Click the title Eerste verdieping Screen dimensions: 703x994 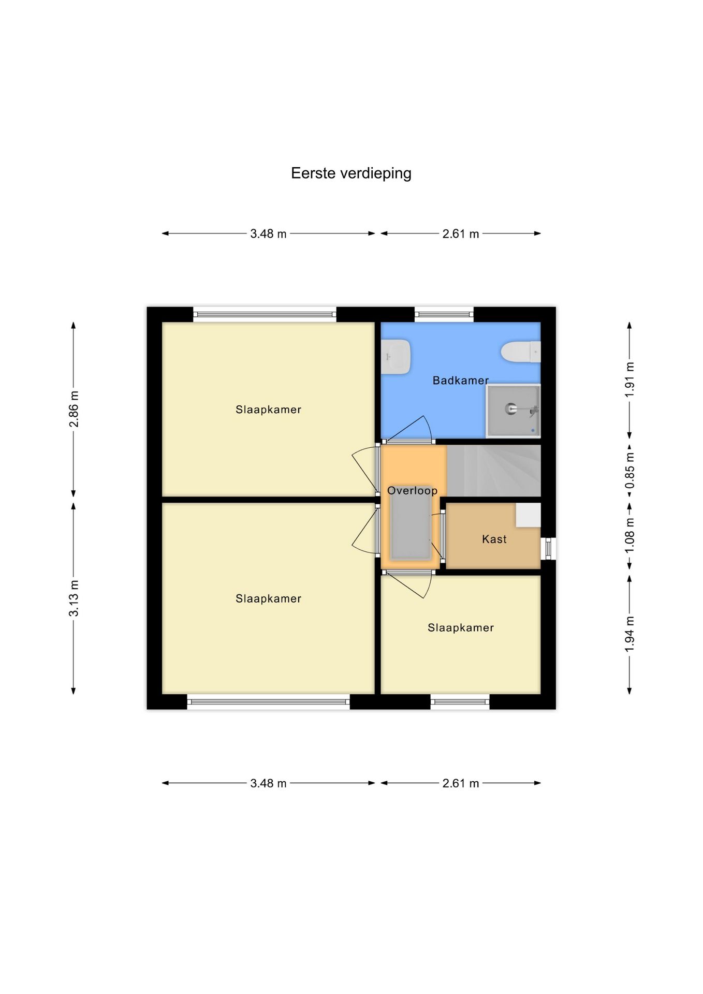pyautogui.click(x=351, y=173)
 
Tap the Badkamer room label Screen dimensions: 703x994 pyautogui.click(x=461, y=381)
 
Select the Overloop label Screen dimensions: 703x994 pyautogui.click(x=413, y=491)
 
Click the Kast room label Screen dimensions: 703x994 pyautogui.click(x=494, y=539)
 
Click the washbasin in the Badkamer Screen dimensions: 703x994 pyautogui.click(x=396, y=357)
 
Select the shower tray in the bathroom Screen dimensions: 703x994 pyautogui.click(x=513, y=411)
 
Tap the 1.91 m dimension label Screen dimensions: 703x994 pyautogui.click(x=629, y=380)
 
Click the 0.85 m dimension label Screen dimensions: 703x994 pyautogui.click(x=629, y=470)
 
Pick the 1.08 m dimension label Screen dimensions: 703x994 pyautogui.click(x=629, y=535)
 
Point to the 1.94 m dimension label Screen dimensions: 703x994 pyautogui.click(x=629, y=634)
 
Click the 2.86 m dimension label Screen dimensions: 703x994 pyautogui.click(x=74, y=409)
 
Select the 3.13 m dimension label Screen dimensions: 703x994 pyautogui.click(x=74, y=598)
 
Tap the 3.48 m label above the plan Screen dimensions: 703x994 pyautogui.click(x=268, y=233)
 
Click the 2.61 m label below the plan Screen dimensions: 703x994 pyautogui.click(x=461, y=783)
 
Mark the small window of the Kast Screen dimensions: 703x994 pyautogui.click(x=549, y=549)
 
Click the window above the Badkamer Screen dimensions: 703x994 pyautogui.click(x=444, y=314)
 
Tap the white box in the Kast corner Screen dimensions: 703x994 pyautogui.click(x=528, y=516)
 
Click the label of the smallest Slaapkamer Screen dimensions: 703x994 pyautogui.click(x=461, y=628)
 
